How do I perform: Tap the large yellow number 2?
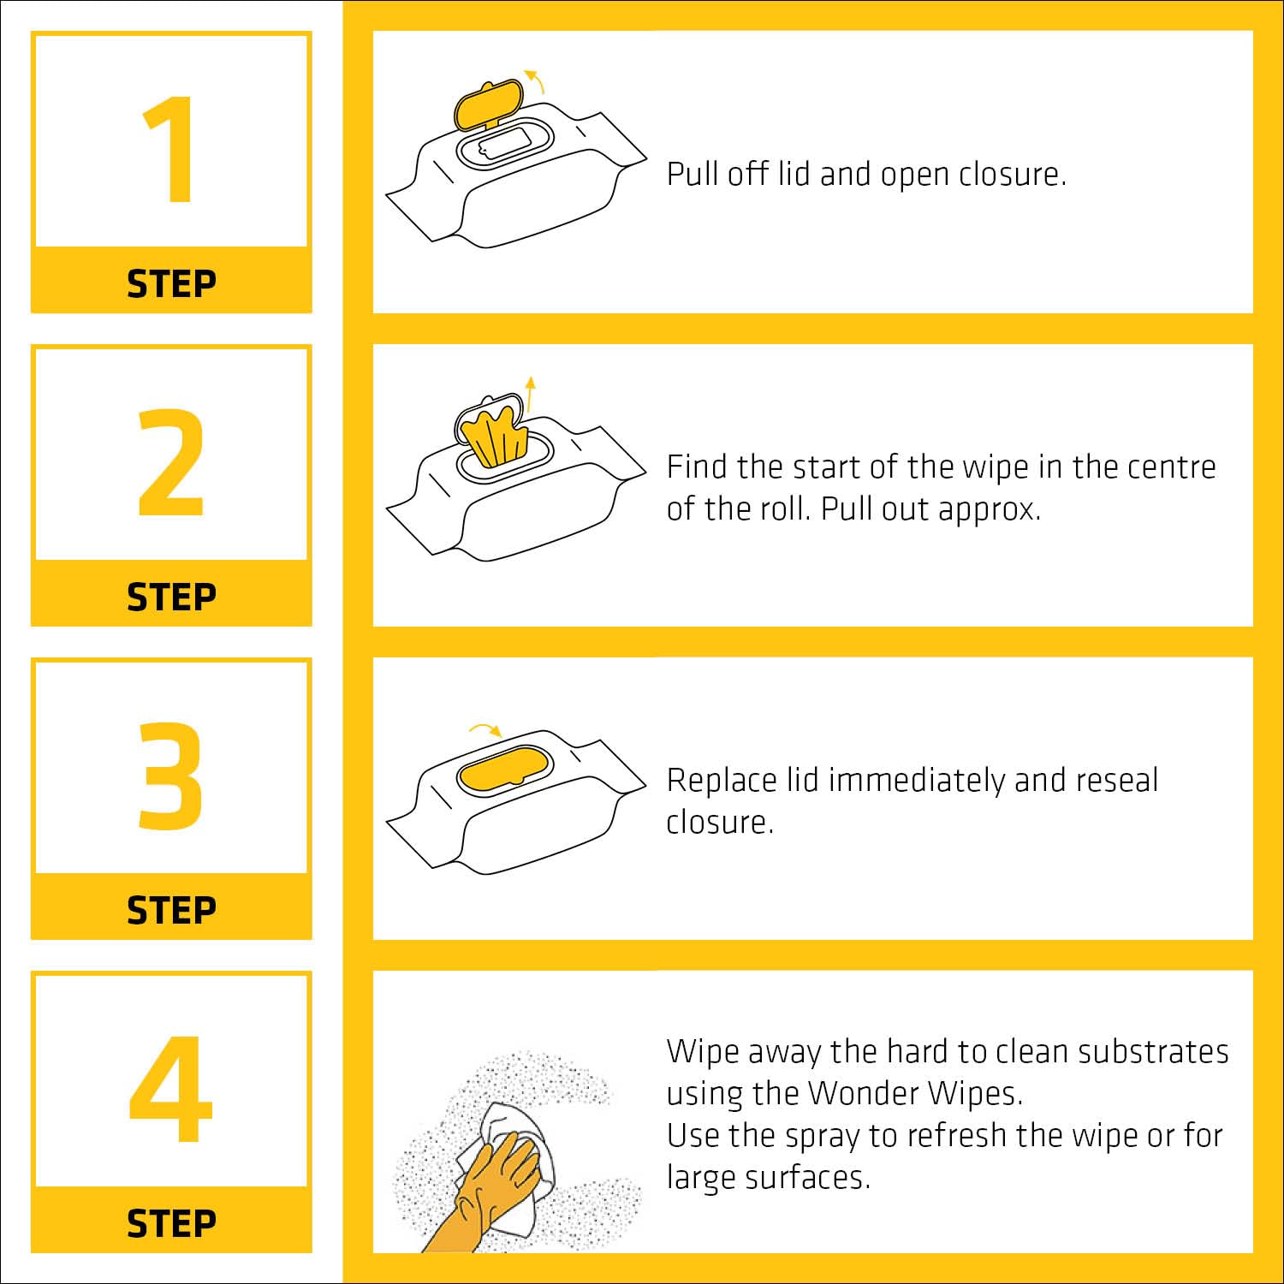(171, 462)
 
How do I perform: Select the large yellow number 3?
(171, 776)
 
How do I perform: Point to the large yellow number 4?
(170, 1089)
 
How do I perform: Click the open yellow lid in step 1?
(487, 105)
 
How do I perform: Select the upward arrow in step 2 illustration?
(531, 394)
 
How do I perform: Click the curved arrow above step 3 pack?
(485, 729)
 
